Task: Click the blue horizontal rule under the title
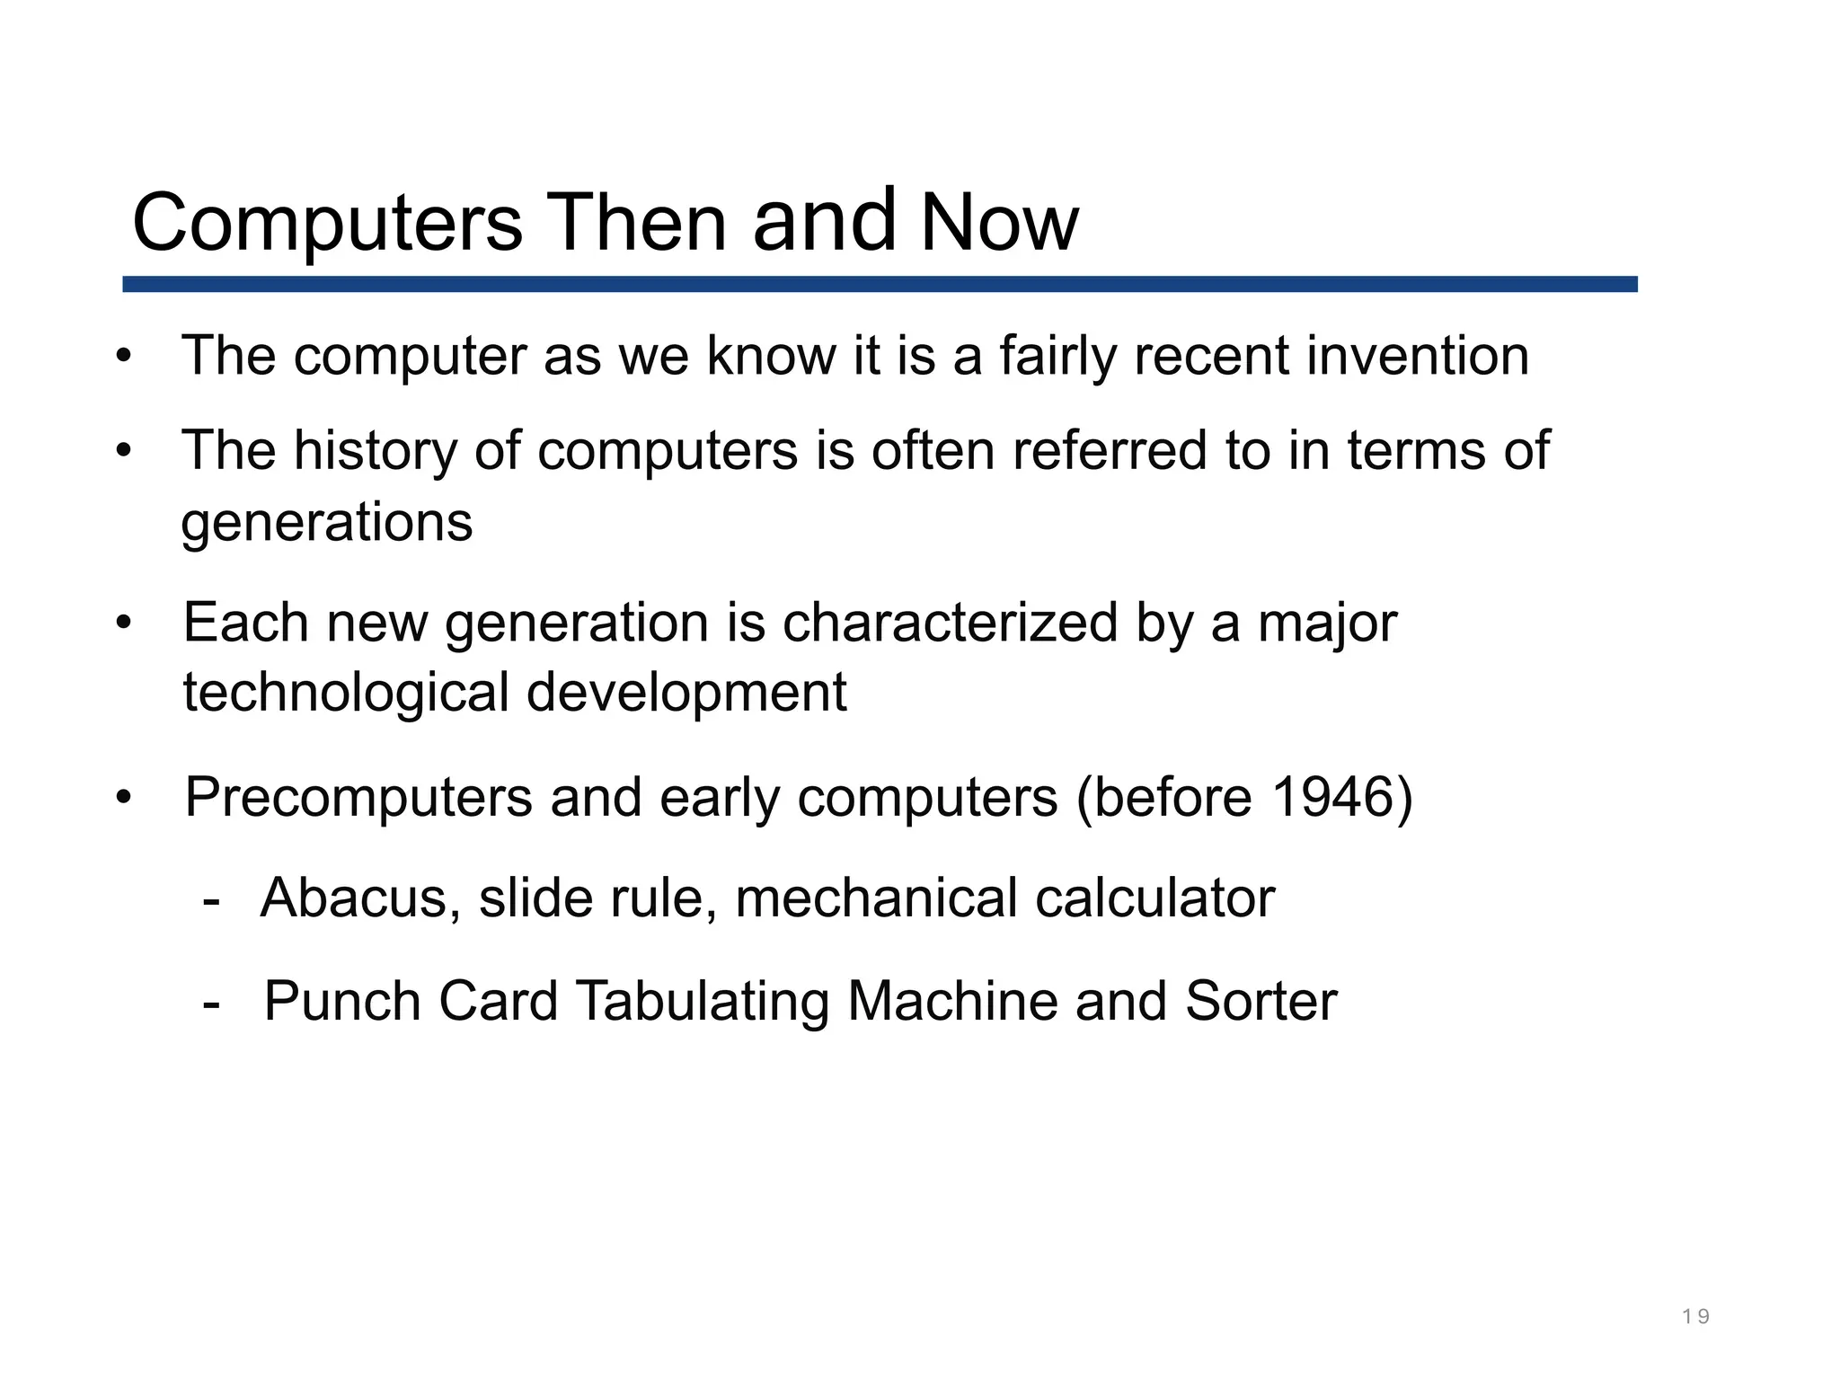click(880, 284)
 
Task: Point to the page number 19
click(1695, 1317)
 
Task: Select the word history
click(376, 451)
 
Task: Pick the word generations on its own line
click(327, 523)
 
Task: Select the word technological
click(346, 694)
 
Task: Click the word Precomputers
click(358, 798)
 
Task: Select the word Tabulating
click(703, 1002)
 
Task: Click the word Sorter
click(1261, 1001)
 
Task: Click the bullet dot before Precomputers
click(124, 797)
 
